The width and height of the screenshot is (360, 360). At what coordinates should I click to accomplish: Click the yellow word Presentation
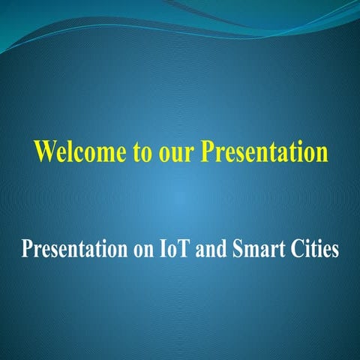pos(264,151)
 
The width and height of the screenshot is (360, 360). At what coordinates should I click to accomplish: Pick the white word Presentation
pos(70,248)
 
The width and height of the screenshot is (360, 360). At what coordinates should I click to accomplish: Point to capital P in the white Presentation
pos(27,248)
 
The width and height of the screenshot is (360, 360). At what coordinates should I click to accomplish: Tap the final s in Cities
pos(334,250)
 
